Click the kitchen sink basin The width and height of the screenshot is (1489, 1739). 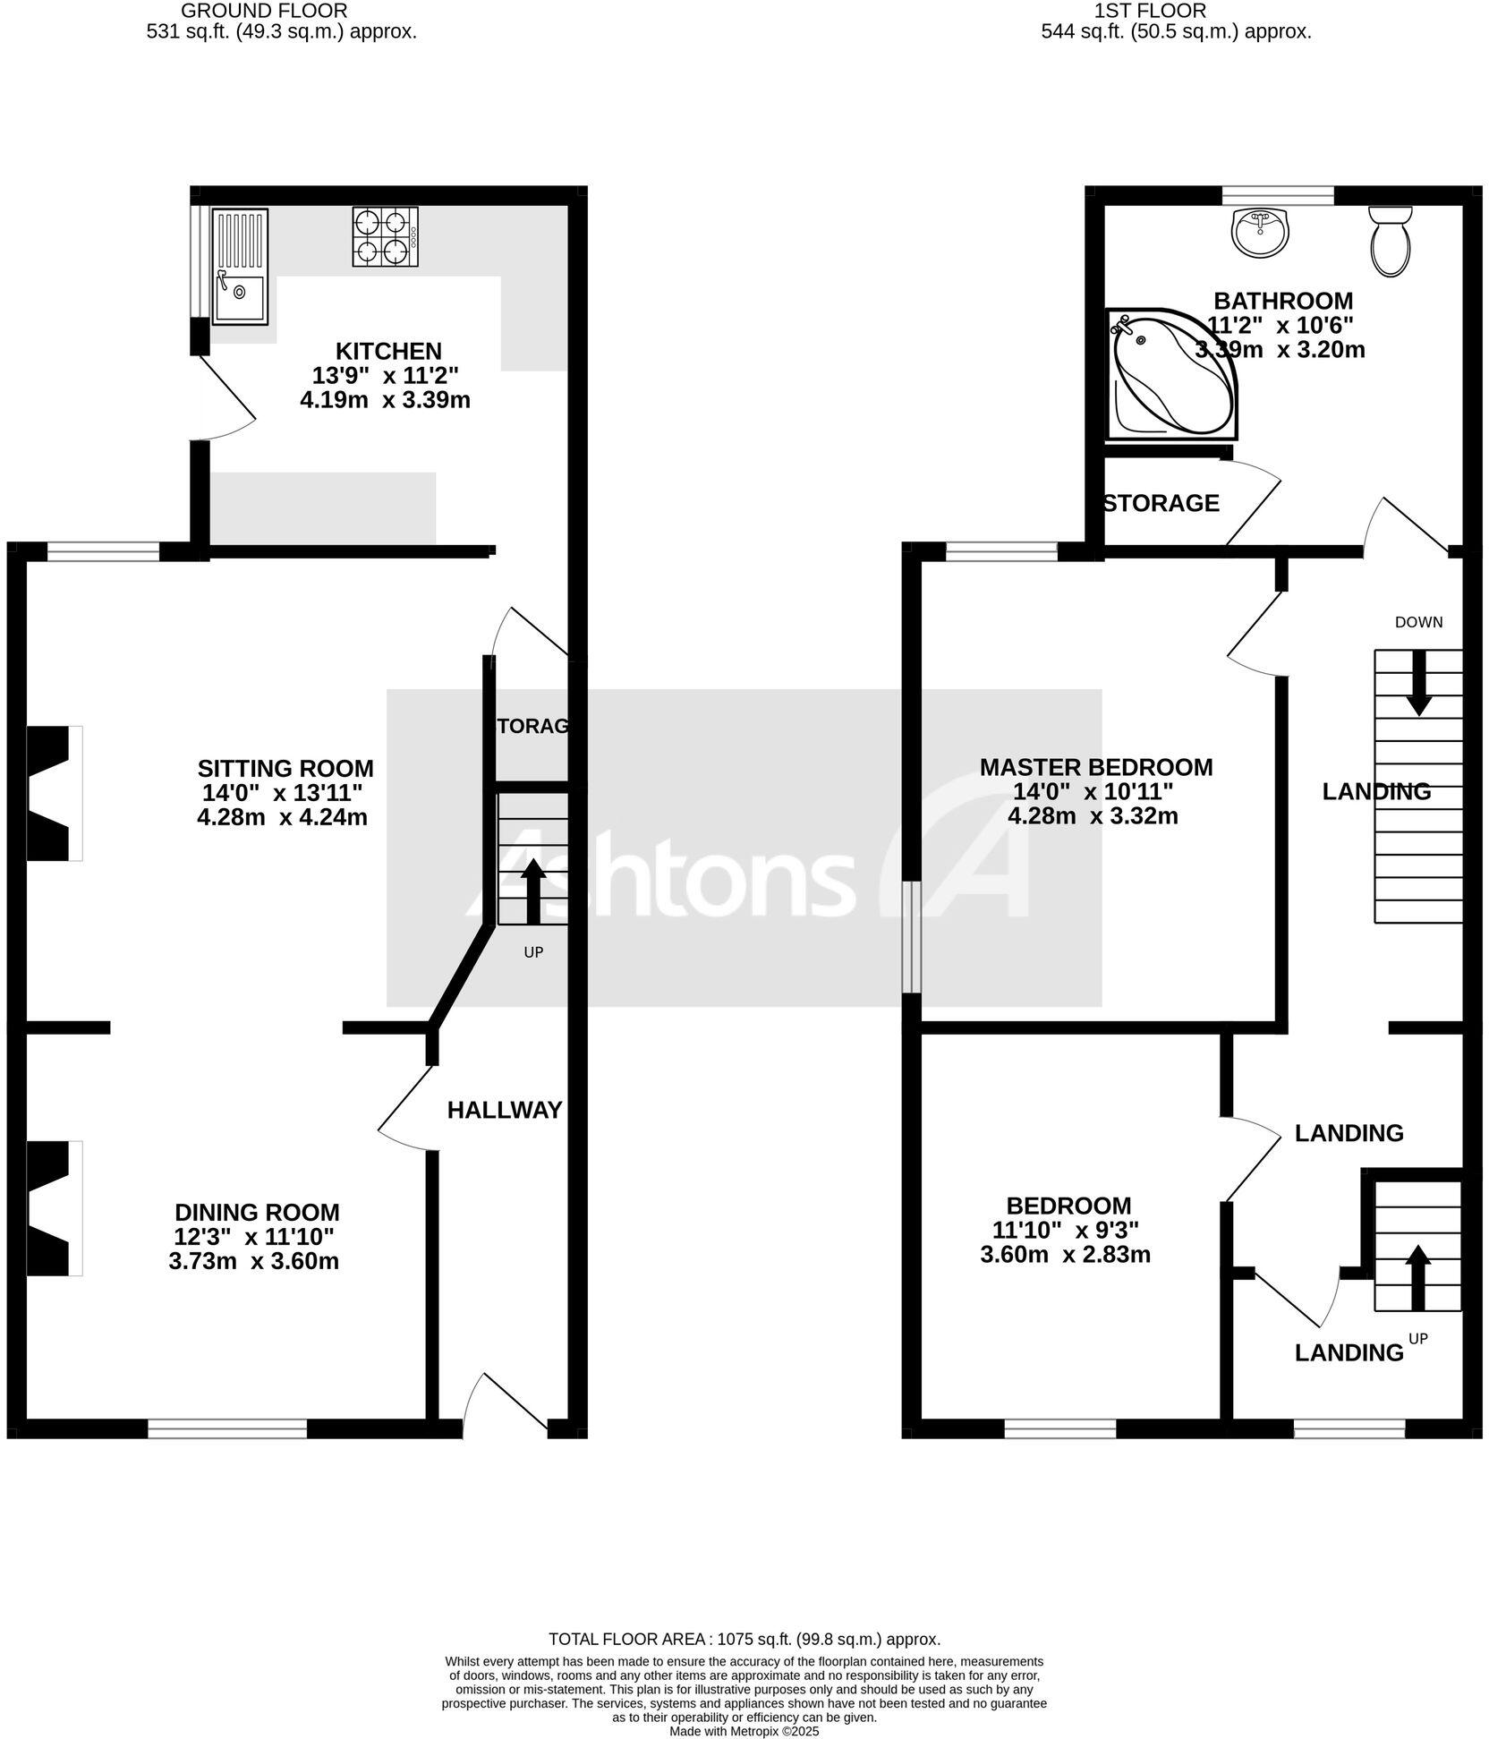click(239, 297)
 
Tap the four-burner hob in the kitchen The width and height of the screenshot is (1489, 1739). click(386, 237)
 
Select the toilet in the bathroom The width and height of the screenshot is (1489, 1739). click(1390, 242)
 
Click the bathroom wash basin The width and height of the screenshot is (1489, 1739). click(1260, 231)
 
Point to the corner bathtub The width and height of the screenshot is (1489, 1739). click(1163, 376)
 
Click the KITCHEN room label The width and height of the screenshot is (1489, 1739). click(388, 351)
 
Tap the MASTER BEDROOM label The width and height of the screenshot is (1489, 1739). click(1095, 767)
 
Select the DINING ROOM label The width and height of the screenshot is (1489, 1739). click(257, 1213)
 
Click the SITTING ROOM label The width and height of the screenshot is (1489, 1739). click(285, 769)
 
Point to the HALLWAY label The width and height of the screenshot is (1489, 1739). click(505, 1110)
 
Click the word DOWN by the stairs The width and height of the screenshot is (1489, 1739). click(1418, 622)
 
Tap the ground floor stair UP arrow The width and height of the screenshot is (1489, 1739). click(533, 891)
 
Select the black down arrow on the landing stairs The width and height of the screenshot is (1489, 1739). click(1418, 684)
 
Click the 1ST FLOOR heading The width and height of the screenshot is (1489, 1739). click(1149, 11)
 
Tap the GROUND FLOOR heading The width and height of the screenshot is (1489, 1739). click(264, 11)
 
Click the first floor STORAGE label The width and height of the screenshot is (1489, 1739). click(1162, 504)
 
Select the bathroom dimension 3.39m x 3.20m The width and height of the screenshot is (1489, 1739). click(1280, 350)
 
